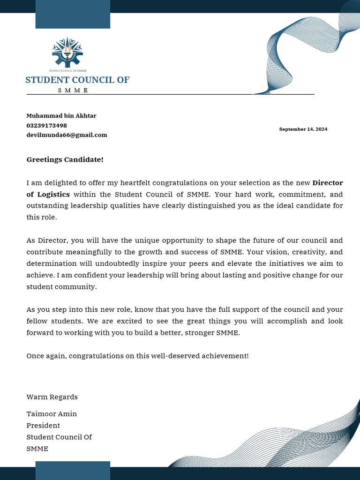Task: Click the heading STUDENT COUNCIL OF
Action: pos(77,80)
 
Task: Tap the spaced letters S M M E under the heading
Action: pos(73,90)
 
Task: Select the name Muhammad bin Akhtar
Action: pos(61,116)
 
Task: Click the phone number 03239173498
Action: pos(46,126)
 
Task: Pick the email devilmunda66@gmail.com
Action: pos(67,135)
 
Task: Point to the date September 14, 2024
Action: pos(303,129)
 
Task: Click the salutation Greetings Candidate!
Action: pos(65,160)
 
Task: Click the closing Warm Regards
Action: pos(52,397)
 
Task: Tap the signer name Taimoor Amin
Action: pos(52,414)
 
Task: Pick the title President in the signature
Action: pos(43,426)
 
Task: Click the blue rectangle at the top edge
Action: pos(73,15)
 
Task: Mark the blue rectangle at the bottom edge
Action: pos(73,470)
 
